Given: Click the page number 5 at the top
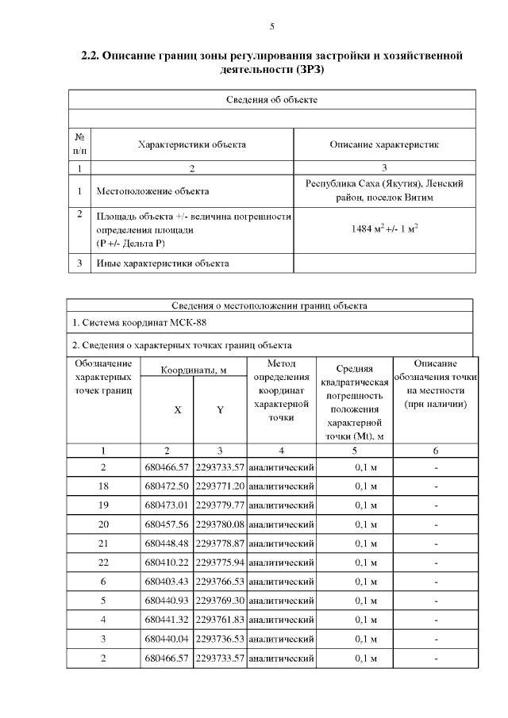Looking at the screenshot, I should [x=272, y=26].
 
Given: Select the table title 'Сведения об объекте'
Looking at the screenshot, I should [x=272, y=100].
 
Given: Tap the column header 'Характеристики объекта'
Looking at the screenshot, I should [x=191, y=144].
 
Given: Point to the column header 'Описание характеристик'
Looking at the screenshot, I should [x=384, y=144].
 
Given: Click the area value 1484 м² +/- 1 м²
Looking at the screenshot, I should [x=384, y=228].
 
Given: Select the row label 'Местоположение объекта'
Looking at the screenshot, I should [x=152, y=191].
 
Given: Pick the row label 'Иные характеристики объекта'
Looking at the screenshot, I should [x=163, y=263].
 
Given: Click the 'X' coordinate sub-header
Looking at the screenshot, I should [x=177, y=410].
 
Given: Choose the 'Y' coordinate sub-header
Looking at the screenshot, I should [x=220, y=410].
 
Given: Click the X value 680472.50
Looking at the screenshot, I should [x=167, y=486].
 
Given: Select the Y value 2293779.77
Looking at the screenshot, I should [x=220, y=505].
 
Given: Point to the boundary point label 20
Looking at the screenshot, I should [x=103, y=524].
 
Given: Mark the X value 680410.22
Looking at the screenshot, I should [x=167, y=562].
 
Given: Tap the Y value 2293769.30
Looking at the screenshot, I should [x=220, y=601].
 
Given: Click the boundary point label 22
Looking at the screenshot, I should [x=103, y=562].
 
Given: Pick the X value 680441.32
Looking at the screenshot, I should [x=167, y=620].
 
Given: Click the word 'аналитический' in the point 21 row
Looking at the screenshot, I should [x=281, y=543].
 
